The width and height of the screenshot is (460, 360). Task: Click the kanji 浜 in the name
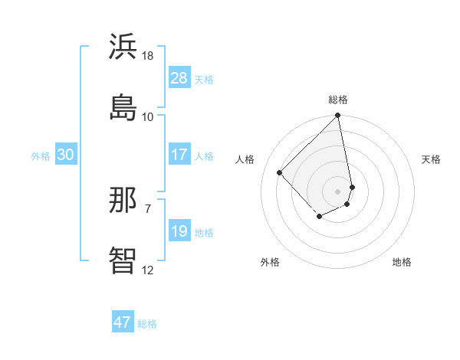(x=123, y=47)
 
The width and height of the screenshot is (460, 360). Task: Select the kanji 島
(x=123, y=106)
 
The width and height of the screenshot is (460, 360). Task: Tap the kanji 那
(x=123, y=201)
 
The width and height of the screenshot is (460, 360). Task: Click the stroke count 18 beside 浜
(x=148, y=57)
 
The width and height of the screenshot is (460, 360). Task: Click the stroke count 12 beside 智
(x=148, y=270)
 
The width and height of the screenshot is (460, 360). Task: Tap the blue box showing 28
(x=179, y=78)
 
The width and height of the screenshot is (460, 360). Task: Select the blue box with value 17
(x=179, y=155)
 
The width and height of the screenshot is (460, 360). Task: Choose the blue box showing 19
(x=179, y=231)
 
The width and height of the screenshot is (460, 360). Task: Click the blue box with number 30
(x=65, y=155)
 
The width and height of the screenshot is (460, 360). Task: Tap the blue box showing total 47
(x=123, y=322)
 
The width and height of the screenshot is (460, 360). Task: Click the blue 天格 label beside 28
(x=204, y=79)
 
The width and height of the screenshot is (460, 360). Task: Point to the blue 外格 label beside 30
(x=41, y=155)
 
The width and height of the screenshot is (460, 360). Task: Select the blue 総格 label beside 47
(x=147, y=323)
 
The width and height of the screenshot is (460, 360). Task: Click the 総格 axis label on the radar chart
(x=338, y=100)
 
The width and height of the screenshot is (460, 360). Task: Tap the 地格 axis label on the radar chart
(x=402, y=262)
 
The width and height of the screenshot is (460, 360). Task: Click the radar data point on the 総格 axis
(x=338, y=116)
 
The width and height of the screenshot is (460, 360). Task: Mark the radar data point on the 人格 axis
(x=280, y=172)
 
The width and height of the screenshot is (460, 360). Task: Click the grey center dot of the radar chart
(x=338, y=191)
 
